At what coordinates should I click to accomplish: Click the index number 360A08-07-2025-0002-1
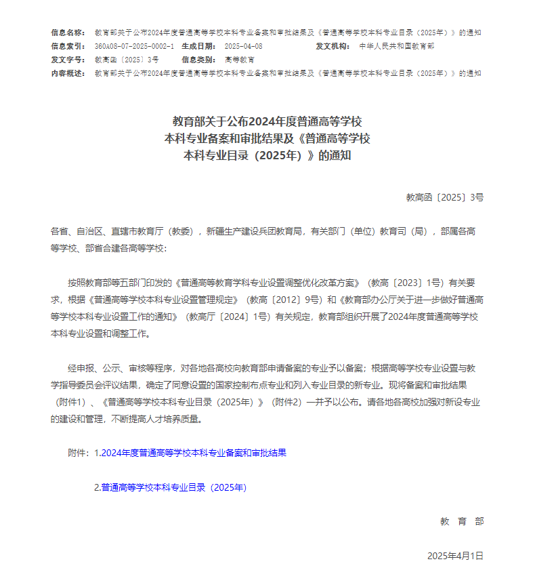(134, 46)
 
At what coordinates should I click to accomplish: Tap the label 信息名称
(68, 33)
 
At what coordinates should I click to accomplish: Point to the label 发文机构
(333, 46)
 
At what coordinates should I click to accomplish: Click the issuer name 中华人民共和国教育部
(397, 46)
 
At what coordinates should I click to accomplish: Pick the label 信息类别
(198, 60)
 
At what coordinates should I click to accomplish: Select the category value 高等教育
(240, 60)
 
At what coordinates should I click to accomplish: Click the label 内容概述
(68, 73)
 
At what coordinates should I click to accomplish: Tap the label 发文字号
(68, 60)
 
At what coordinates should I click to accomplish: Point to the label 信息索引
(68, 46)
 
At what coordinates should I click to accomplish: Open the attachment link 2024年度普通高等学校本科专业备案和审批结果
(194, 453)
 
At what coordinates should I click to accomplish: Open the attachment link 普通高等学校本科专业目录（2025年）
(174, 487)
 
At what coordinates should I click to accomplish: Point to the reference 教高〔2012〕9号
(284, 299)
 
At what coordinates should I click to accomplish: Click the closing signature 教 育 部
(462, 521)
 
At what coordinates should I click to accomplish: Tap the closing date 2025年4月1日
(455, 556)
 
